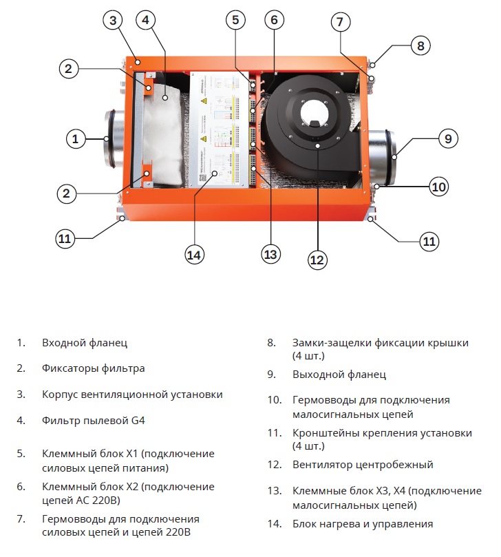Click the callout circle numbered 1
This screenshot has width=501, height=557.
click(76, 139)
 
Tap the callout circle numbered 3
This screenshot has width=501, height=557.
click(114, 20)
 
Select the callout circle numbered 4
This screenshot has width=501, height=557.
click(145, 20)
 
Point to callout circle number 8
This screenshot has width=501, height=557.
click(421, 45)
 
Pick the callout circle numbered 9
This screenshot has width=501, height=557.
click(447, 139)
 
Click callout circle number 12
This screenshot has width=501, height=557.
click(317, 260)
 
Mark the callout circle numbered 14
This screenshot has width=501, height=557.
click(195, 255)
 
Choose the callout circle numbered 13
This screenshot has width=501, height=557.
click(270, 255)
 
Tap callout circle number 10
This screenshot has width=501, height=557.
click(438, 187)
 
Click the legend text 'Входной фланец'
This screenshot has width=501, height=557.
click(85, 342)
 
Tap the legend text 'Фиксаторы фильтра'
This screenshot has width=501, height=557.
click(93, 368)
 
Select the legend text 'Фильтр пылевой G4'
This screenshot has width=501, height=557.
click(94, 420)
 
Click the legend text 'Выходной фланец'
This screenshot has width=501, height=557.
click(339, 375)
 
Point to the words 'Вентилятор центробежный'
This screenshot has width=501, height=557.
click(363, 465)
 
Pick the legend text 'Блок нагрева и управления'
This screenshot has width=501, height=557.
click(363, 524)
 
